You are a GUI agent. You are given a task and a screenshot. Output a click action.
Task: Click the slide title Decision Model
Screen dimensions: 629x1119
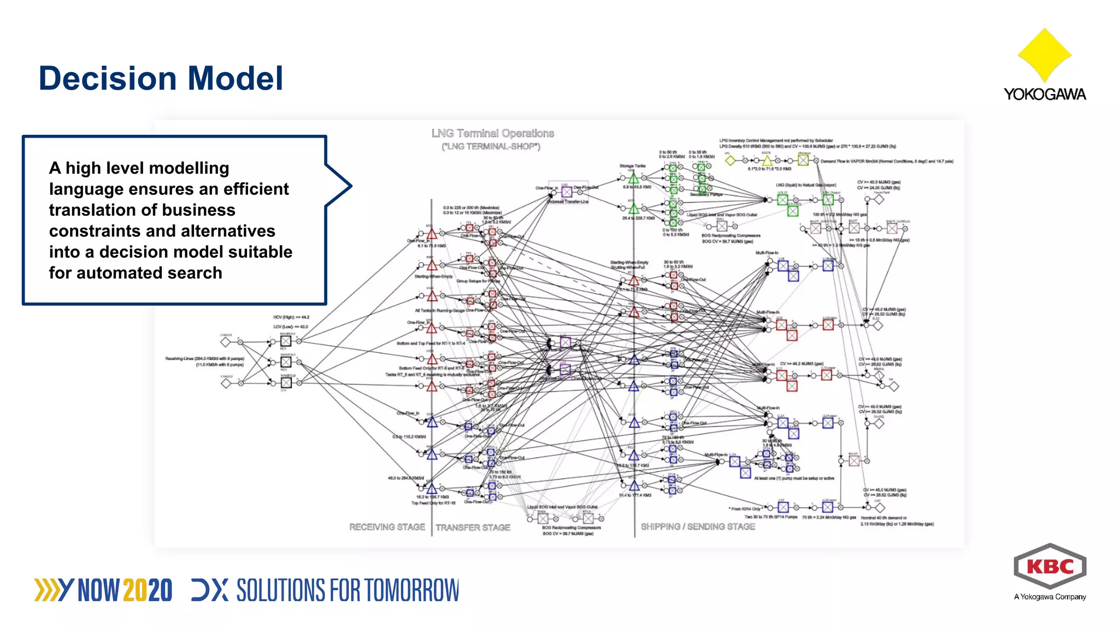(x=161, y=78)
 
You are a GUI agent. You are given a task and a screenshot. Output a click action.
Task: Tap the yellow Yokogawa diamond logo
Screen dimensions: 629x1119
(x=1044, y=55)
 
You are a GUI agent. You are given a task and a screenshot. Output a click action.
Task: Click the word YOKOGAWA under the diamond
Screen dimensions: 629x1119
(x=1044, y=94)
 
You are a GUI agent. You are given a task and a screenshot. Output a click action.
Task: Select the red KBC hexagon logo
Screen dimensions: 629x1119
(x=1050, y=566)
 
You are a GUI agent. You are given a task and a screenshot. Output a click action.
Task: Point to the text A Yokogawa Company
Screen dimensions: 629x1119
(x=1050, y=597)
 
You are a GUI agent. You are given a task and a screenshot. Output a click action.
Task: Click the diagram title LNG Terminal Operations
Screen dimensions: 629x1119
(x=492, y=133)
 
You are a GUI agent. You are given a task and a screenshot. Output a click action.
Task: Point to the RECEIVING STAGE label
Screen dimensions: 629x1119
(x=387, y=527)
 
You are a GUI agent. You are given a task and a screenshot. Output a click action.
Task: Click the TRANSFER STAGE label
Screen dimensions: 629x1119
(x=473, y=527)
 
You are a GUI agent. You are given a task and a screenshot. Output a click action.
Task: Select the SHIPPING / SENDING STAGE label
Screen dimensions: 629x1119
(x=698, y=526)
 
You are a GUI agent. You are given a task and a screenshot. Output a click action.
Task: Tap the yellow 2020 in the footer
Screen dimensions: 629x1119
(x=148, y=591)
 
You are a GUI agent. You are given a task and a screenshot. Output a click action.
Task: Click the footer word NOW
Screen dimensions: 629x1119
(x=99, y=591)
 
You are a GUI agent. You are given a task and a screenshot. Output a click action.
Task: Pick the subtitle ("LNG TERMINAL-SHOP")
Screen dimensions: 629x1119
(x=491, y=146)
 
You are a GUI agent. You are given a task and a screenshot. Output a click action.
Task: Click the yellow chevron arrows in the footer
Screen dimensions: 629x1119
(x=46, y=590)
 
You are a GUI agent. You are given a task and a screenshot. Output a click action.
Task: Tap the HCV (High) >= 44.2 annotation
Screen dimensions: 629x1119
(x=291, y=317)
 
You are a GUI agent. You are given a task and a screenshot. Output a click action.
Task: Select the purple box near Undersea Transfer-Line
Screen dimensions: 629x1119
(x=567, y=192)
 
